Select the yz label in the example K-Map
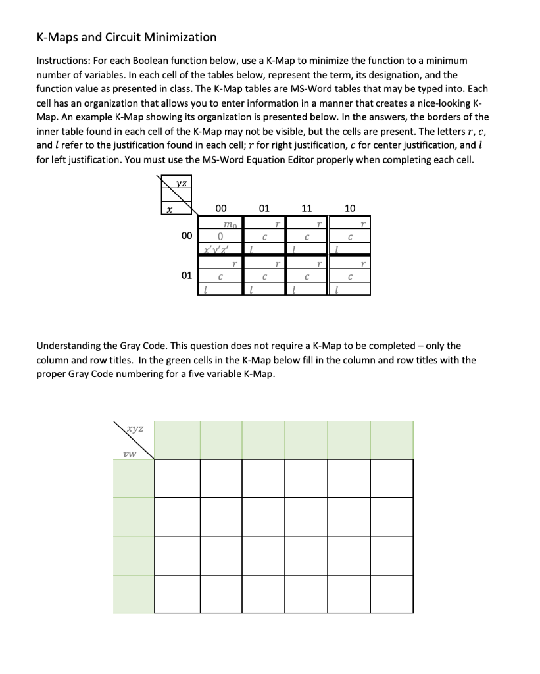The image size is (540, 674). (x=179, y=185)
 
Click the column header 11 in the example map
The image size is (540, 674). (x=306, y=209)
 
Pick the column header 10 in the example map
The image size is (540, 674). (x=350, y=209)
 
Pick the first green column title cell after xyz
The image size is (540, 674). (x=178, y=440)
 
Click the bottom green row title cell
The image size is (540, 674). (x=134, y=594)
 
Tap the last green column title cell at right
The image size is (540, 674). (x=392, y=440)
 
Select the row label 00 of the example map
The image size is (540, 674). (x=187, y=236)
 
